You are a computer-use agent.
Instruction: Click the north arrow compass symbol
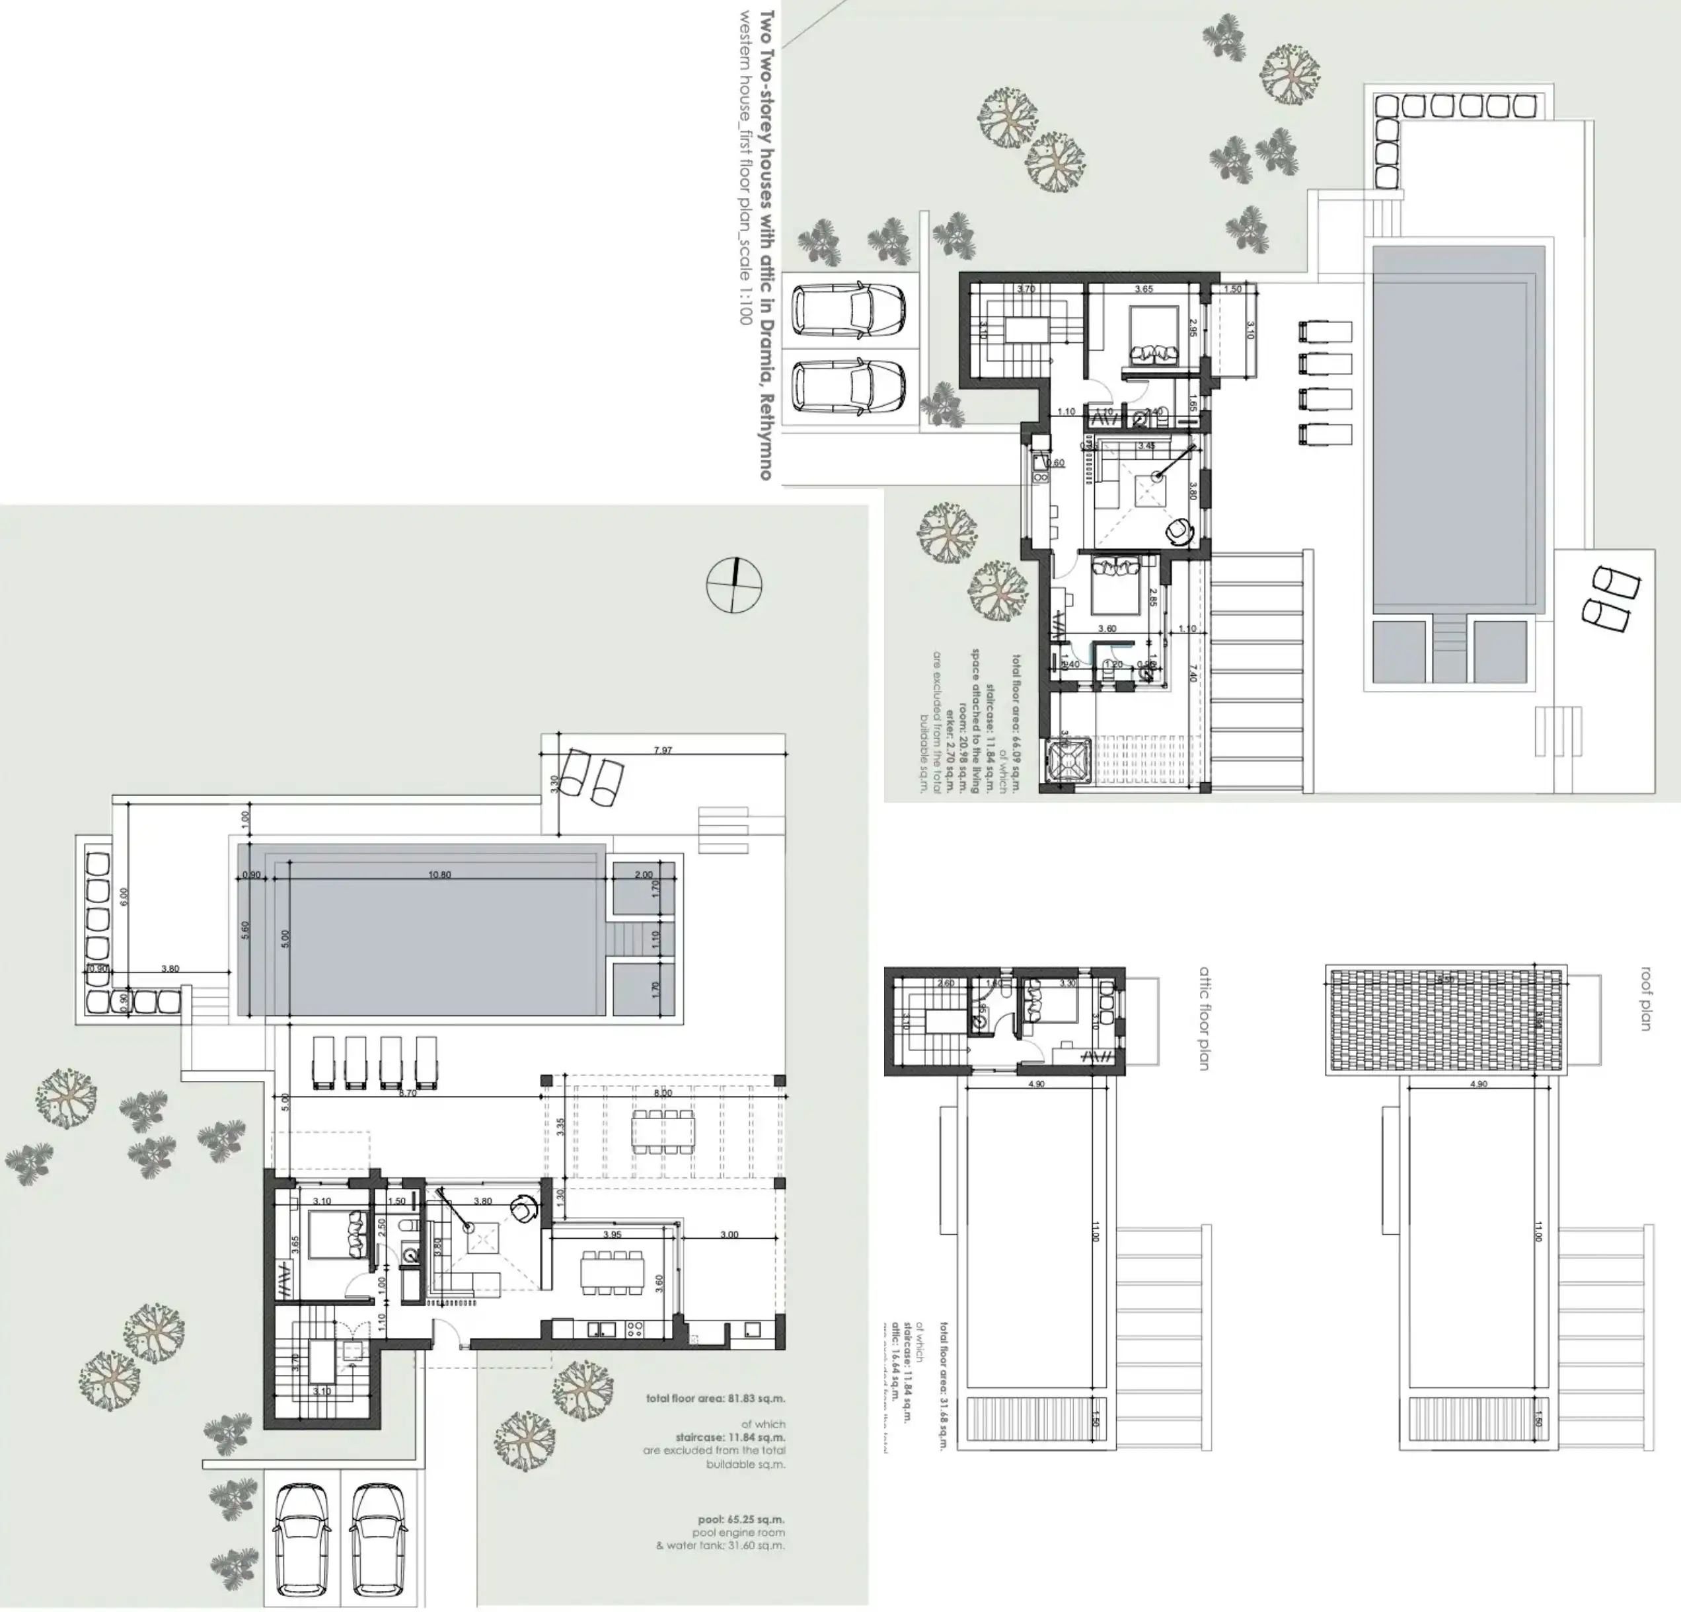pos(734,585)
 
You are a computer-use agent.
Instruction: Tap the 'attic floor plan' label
pos(1204,1019)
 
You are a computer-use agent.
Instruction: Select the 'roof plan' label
pos(1645,999)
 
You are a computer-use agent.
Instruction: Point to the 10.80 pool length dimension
pos(439,875)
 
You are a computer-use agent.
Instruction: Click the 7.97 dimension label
pos(663,751)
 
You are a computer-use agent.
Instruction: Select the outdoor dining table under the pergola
pos(663,1132)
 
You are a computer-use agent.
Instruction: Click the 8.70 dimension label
pos(408,1093)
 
